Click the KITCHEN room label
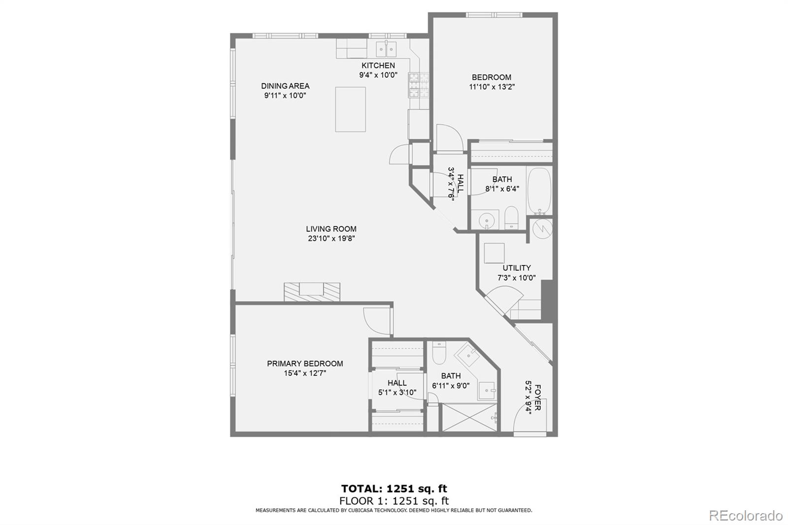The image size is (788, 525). (378, 66)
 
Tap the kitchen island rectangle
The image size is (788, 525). (350, 109)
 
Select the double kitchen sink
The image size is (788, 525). (387, 49)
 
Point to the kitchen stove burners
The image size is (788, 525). (413, 85)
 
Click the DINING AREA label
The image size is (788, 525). (285, 86)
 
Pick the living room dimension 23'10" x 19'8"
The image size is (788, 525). (331, 238)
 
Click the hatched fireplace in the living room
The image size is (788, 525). (312, 291)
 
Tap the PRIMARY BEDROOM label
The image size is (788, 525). (305, 363)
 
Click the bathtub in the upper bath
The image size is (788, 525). (539, 190)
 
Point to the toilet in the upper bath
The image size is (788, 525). (511, 217)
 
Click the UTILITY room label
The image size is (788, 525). (516, 268)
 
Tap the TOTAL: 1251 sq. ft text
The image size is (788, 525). (394, 489)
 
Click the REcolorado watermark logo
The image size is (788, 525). (745, 515)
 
